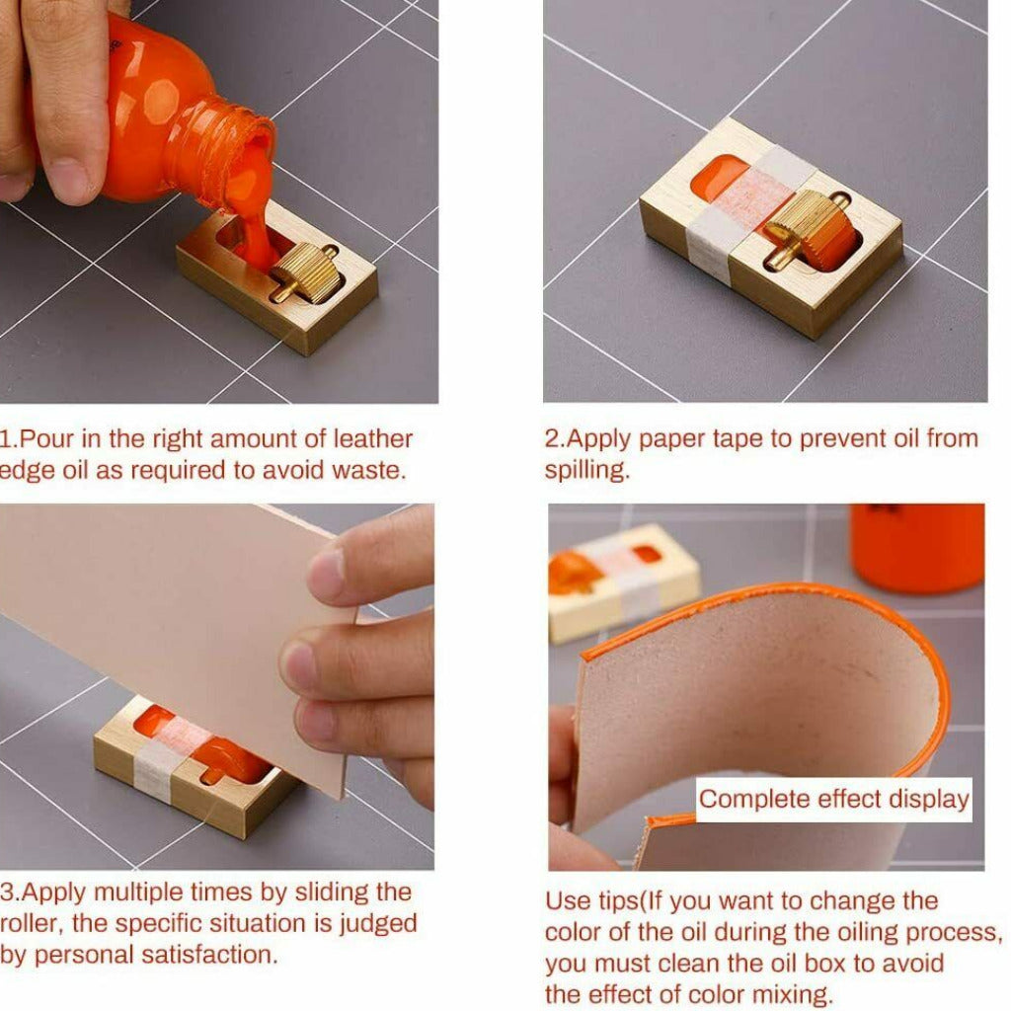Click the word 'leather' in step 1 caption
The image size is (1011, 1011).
[372, 439]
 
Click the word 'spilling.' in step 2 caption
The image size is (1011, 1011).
[586, 470]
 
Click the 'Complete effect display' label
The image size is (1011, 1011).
[833, 800]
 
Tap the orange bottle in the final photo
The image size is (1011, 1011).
[917, 548]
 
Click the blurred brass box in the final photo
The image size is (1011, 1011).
[622, 583]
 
